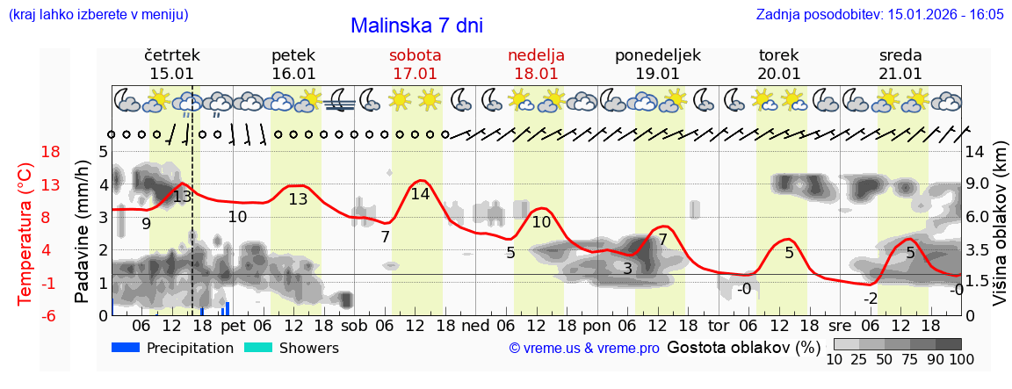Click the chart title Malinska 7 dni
(x=416, y=25)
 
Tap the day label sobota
(x=415, y=55)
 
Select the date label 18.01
(x=536, y=74)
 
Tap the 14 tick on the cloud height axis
(x=976, y=152)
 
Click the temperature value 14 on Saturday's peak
(x=420, y=194)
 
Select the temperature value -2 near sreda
(x=870, y=299)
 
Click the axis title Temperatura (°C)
(x=25, y=234)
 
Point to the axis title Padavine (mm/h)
(x=83, y=232)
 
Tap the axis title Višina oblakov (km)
(x=1000, y=233)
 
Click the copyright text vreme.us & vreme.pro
(x=584, y=348)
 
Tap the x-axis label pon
(x=597, y=325)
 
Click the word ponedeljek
(x=657, y=55)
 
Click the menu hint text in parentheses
(x=98, y=14)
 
